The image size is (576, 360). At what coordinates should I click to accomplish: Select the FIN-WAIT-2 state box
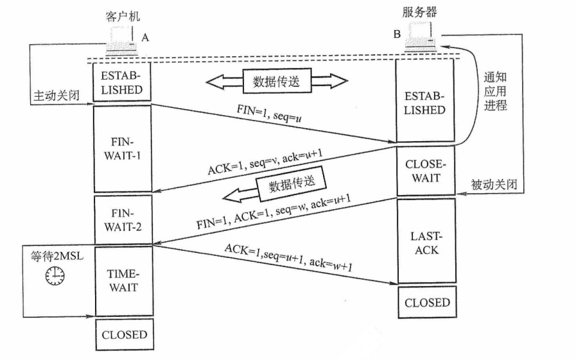(121, 219)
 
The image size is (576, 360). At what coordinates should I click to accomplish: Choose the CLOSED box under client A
(121, 334)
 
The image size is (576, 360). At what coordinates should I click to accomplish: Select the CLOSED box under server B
(426, 302)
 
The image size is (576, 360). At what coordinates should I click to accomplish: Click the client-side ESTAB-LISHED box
(121, 81)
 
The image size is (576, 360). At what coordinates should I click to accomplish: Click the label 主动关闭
(57, 96)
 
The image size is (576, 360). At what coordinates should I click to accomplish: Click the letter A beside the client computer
(146, 38)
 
